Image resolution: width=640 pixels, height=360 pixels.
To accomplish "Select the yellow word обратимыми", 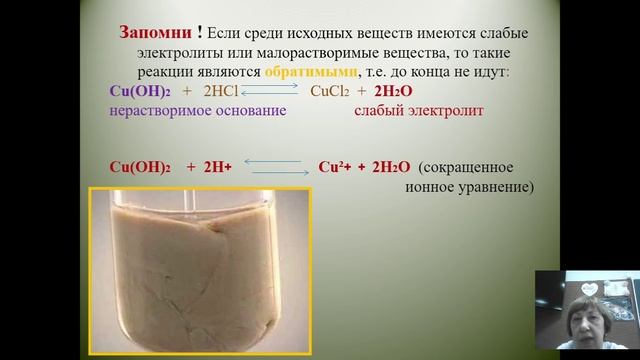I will (x=310, y=72).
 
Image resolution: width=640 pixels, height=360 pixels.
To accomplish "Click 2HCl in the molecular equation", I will (x=223, y=92).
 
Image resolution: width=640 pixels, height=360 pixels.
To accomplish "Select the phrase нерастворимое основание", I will (x=198, y=111).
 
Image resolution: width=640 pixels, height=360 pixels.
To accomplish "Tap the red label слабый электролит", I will (x=419, y=111).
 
